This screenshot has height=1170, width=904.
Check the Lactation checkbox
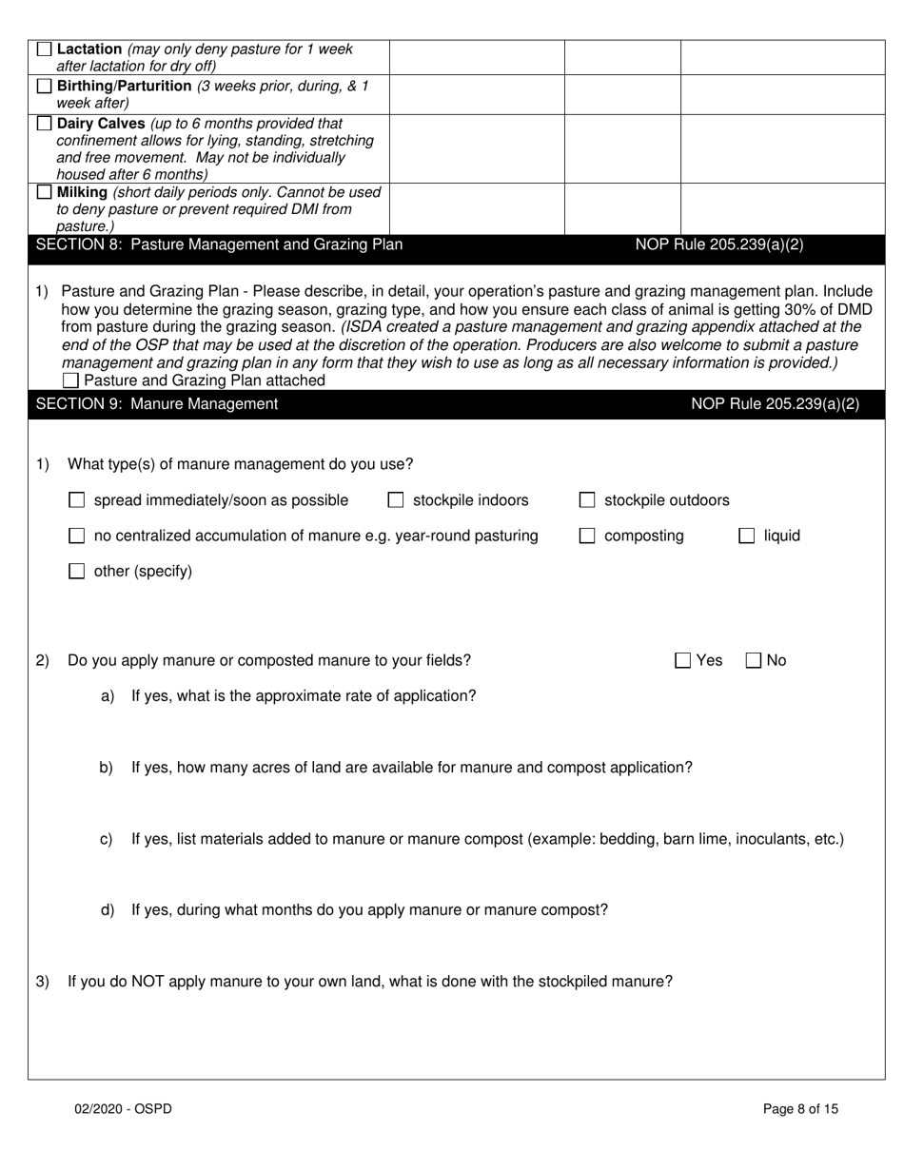[x=44, y=49]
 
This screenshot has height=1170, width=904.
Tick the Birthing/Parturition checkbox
[x=44, y=87]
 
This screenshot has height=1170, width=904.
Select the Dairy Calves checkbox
[x=44, y=124]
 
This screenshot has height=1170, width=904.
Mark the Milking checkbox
[x=44, y=193]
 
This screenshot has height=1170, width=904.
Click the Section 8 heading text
[x=219, y=244]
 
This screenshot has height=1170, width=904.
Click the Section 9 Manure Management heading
[x=157, y=404]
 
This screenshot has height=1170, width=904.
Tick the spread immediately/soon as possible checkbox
[x=78, y=500]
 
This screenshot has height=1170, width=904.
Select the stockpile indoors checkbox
[x=396, y=500]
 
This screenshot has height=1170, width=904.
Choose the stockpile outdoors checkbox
[x=588, y=500]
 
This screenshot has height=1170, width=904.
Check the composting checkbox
[x=588, y=536]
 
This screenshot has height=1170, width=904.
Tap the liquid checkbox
[x=747, y=536]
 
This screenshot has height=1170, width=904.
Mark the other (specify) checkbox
[x=78, y=572]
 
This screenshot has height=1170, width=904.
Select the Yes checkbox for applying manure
[x=683, y=660]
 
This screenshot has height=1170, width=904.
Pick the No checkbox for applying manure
[x=753, y=660]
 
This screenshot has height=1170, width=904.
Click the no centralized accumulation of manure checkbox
[x=78, y=536]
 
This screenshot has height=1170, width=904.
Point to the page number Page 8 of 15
[x=800, y=1108]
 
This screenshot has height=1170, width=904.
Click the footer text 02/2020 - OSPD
[x=124, y=1108]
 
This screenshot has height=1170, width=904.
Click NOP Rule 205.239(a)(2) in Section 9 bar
[x=775, y=404]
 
